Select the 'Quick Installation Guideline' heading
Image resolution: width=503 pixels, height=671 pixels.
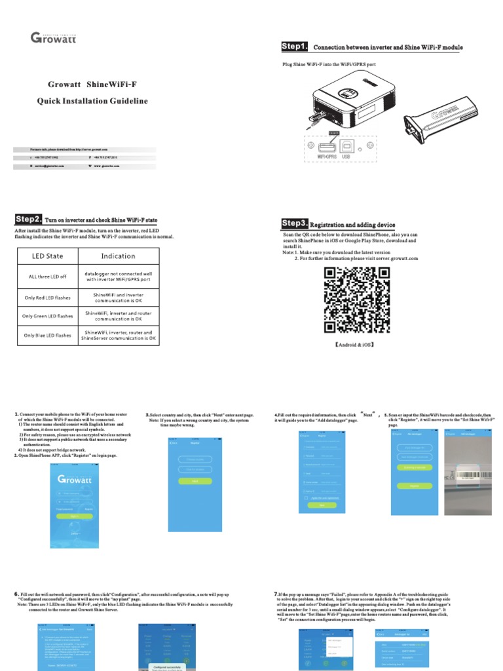[92, 101]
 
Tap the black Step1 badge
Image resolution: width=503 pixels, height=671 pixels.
[294, 47]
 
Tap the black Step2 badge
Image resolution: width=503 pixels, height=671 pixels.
[29, 219]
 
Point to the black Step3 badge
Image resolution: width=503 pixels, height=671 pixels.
[294, 224]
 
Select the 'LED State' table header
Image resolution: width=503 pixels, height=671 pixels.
[48, 256]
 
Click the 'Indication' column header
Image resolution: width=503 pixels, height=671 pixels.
[119, 256]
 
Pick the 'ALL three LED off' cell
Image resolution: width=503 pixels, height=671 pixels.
[48, 277]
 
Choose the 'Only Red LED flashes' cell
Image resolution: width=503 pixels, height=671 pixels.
[48, 297]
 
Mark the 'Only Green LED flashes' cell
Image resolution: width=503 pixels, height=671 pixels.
[48, 316]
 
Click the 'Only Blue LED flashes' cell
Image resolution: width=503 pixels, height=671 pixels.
[48, 335]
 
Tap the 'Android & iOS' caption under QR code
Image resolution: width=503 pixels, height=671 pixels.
[354, 344]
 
